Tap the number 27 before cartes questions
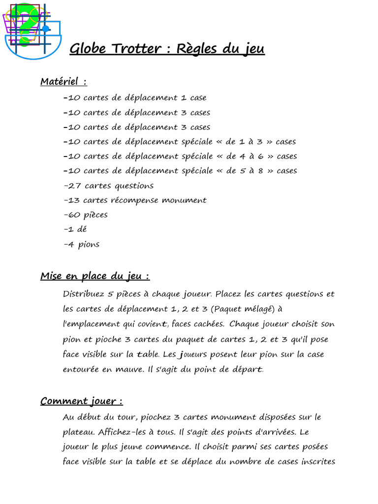[x=73, y=186]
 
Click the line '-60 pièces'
[x=86, y=215]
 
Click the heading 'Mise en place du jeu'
[x=94, y=276]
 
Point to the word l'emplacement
[x=92, y=324]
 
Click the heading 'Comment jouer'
[x=81, y=401]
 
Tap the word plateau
[x=79, y=432]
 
